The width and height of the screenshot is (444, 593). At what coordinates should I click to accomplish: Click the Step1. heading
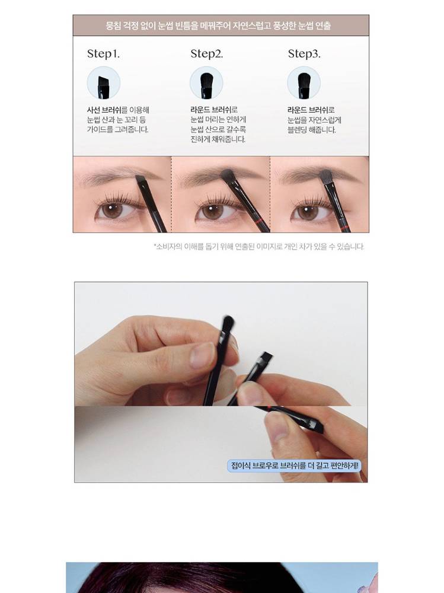pyautogui.click(x=103, y=54)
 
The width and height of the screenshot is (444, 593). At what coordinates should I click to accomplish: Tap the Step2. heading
pyautogui.click(x=207, y=54)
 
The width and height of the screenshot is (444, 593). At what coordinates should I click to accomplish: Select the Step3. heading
pyautogui.click(x=304, y=54)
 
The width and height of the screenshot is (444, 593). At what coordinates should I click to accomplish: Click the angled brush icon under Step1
pyautogui.click(x=103, y=83)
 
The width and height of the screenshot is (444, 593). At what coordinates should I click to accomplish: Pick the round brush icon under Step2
pyautogui.click(x=206, y=83)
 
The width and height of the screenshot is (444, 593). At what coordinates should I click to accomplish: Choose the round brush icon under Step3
pyautogui.click(x=304, y=83)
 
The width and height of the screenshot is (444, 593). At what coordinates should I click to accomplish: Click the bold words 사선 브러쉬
pyautogui.click(x=104, y=110)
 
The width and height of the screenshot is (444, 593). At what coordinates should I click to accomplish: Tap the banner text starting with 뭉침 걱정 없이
pyautogui.click(x=219, y=25)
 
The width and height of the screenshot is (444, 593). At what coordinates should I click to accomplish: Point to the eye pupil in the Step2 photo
pyautogui.click(x=212, y=211)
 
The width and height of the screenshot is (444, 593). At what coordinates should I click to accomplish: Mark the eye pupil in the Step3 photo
pyautogui.click(x=308, y=211)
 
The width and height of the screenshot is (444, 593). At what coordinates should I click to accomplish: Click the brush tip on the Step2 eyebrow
pyautogui.click(x=228, y=175)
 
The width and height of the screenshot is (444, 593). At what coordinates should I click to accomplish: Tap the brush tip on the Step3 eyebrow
pyautogui.click(x=326, y=176)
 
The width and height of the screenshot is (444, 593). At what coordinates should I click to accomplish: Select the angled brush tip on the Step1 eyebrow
pyautogui.click(x=140, y=178)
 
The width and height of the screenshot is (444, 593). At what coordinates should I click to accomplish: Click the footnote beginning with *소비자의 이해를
pyautogui.click(x=259, y=247)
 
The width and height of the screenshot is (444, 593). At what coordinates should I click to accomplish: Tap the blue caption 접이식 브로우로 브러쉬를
pyautogui.click(x=295, y=466)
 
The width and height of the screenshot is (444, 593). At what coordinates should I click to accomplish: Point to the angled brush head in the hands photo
pyautogui.click(x=264, y=359)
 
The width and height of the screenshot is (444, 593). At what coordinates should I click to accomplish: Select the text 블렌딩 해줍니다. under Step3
pyautogui.click(x=312, y=130)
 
